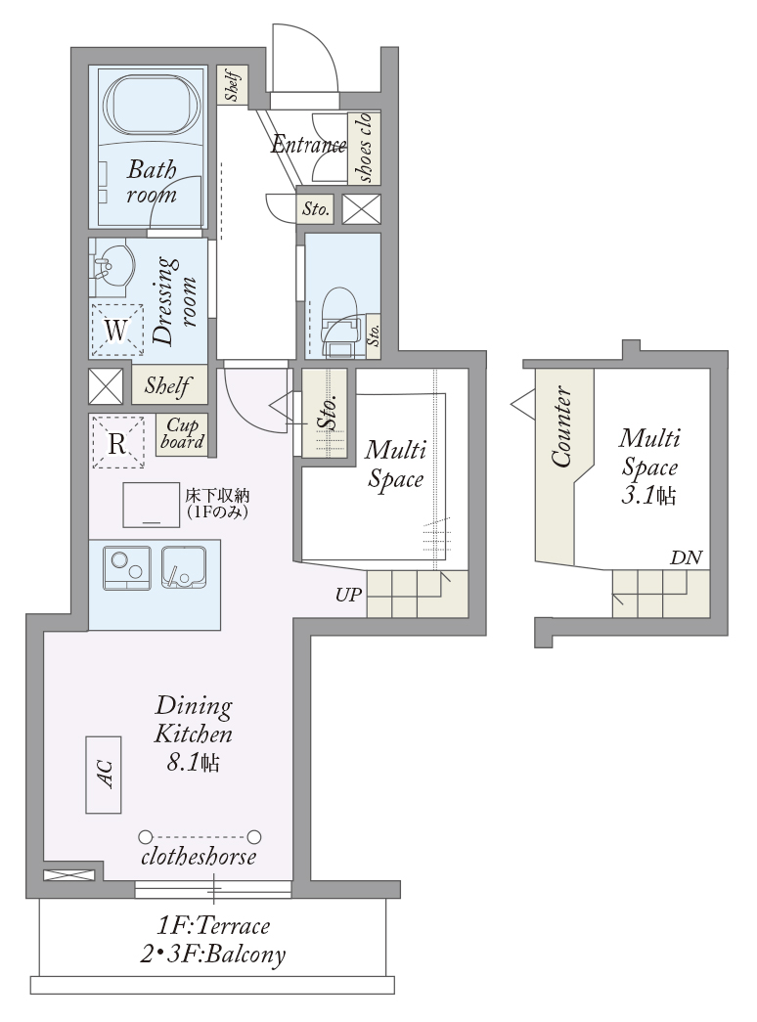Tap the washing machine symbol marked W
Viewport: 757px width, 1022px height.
tap(116, 331)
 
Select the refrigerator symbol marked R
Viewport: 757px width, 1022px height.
tap(117, 443)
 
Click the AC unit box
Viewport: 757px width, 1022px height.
tap(104, 775)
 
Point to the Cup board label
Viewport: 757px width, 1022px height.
tap(182, 434)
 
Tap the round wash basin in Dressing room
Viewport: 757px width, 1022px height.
tap(114, 265)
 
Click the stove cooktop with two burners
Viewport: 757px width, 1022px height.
tap(127, 567)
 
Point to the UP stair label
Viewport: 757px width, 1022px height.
tap(348, 595)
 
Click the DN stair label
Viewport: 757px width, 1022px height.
tap(686, 557)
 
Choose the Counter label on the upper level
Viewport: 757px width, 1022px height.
tap(562, 427)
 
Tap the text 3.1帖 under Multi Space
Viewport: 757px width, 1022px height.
tap(647, 497)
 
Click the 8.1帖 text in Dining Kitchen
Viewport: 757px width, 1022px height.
tap(193, 762)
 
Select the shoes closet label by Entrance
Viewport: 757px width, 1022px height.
tap(365, 148)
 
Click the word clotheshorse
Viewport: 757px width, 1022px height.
tap(199, 857)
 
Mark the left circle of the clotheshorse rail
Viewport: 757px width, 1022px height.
tap(146, 836)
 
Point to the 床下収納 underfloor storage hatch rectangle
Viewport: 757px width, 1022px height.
tap(152, 505)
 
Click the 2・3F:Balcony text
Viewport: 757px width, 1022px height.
tap(212, 955)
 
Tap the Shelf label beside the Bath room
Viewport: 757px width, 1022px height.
tap(233, 85)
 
